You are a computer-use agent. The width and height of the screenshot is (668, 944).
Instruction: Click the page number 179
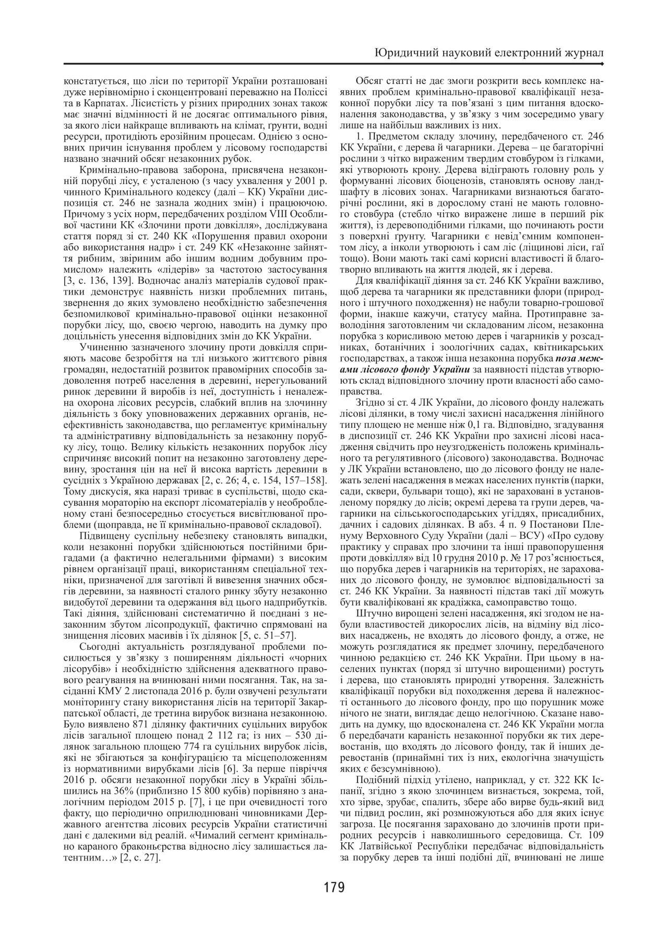pyautogui.click(x=334, y=887)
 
